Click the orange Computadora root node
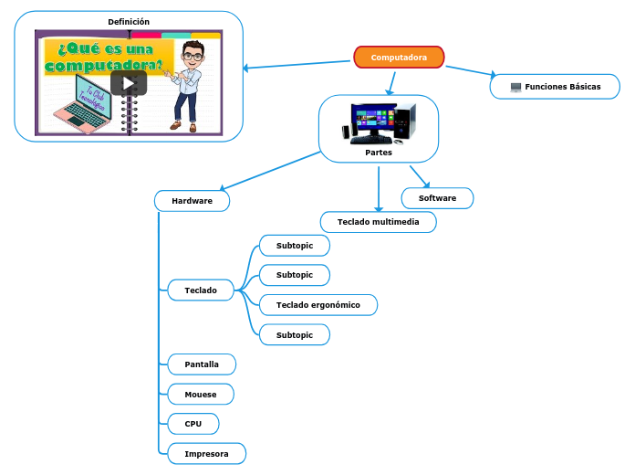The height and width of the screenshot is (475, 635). click(x=399, y=58)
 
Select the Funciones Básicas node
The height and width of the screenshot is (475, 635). click(x=556, y=87)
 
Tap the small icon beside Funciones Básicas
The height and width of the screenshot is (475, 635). click(x=515, y=87)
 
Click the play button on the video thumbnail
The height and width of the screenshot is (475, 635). click(x=129, y=83)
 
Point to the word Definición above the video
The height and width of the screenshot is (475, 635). click(x=129, y=22)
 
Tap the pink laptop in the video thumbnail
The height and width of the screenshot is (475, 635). click(x=81, y=107)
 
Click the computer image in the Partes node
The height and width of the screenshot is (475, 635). click(x=378, y=123)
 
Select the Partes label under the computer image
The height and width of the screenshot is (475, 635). click(x=379, y=153)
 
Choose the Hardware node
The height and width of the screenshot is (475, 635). click(x=192, y=200)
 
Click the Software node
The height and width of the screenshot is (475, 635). click(x=437, y=198)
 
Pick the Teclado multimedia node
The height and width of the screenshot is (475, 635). click(x=379, y=222)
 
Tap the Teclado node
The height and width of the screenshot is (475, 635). click(x=201, y=290)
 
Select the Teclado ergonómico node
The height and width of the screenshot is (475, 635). click(x=317, y=304)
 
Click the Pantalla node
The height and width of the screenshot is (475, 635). click(x=202, y=364)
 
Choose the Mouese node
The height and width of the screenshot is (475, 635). click(x=201, y=395)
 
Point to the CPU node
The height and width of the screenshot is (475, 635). click(x=193, y=424)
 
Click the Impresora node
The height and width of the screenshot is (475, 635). click(x=206, y=454)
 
